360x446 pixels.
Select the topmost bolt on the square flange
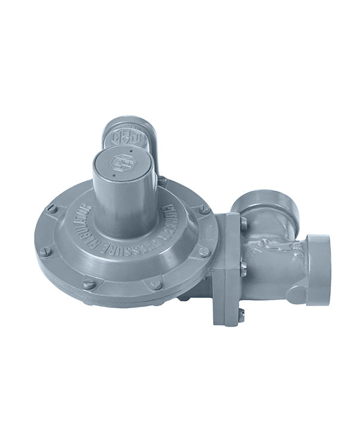[243, 224]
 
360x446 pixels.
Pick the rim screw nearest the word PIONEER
[204, 209]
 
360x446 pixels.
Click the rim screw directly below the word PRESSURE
[155, 284]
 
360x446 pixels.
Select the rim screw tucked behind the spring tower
[162, 181]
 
